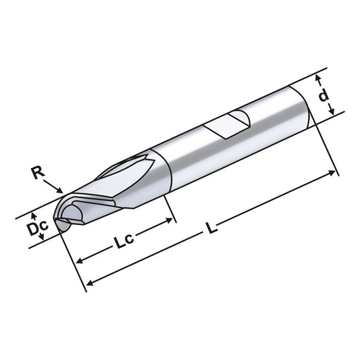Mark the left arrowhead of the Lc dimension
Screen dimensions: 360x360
(x=78, y=261)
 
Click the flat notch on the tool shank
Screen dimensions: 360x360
(x=230, y=124)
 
